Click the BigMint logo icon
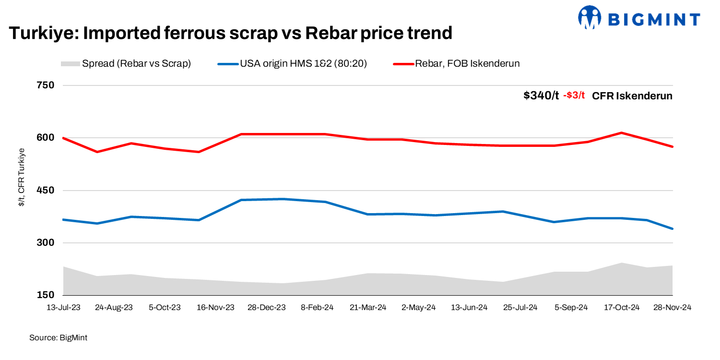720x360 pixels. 590,19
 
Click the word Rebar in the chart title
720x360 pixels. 328,33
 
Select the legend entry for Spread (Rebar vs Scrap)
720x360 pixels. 126,64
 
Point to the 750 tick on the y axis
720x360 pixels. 45,85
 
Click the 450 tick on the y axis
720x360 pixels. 45,191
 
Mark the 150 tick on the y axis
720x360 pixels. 45,295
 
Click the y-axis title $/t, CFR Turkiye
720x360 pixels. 21,178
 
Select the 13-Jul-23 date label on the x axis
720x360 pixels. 63,308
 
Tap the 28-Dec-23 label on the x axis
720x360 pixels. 266,308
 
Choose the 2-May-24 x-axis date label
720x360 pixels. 419,308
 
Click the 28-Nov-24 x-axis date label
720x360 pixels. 672,308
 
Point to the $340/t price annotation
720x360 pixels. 541,96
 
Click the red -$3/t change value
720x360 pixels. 574,96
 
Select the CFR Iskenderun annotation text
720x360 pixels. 632,96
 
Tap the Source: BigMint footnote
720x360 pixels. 58,338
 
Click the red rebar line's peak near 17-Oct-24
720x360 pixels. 622,132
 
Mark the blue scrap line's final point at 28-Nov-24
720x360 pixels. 673,229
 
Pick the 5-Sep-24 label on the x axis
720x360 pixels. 571,308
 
